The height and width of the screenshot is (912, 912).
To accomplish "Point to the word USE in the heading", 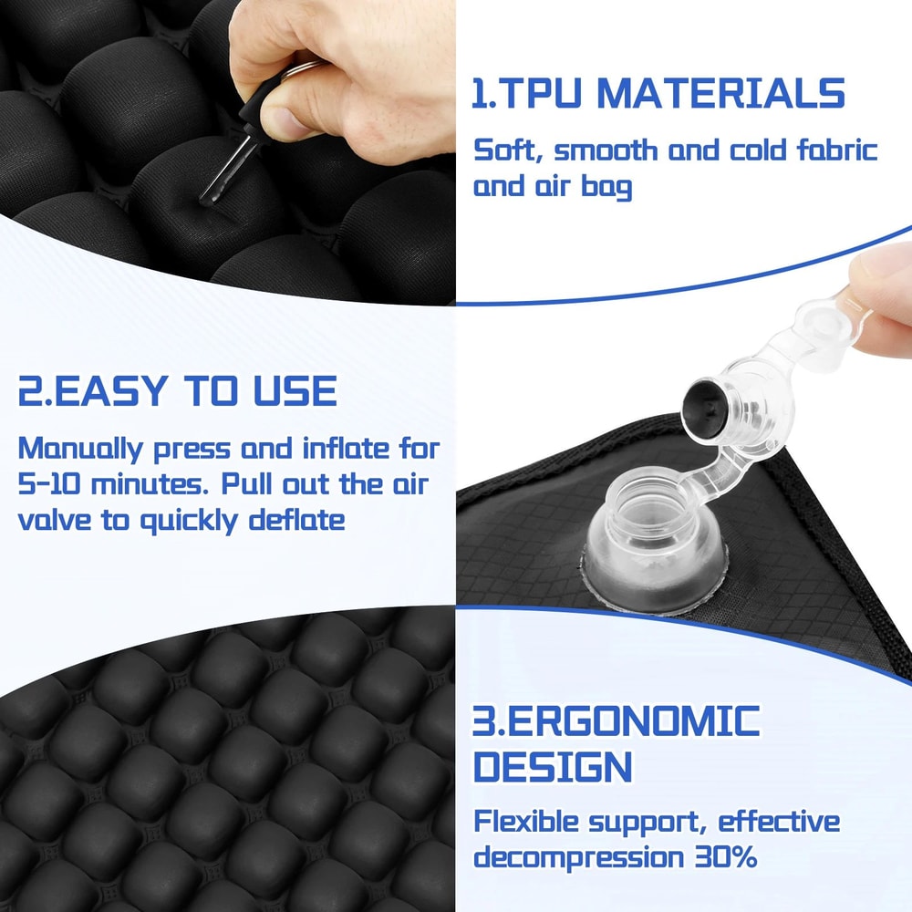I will coord(293,390).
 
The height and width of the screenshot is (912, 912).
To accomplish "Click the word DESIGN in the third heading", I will coord(552,767).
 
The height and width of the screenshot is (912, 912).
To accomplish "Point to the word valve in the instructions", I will coord(56,520).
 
